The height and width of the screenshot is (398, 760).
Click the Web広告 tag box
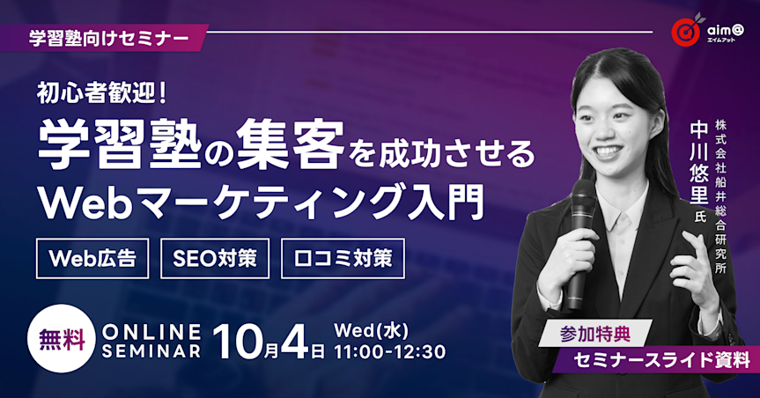pos(92,259)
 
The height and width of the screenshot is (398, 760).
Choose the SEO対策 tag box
pos(215,259)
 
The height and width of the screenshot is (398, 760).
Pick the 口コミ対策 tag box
pos(343,259)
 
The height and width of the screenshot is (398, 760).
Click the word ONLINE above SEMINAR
pos(152,331)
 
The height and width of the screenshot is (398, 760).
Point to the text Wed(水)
pos(369,330)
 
